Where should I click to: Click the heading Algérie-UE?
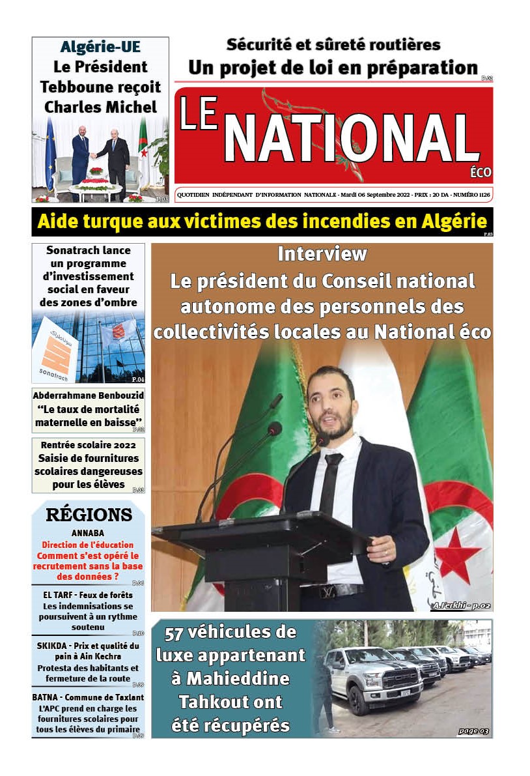(x=100, y=47)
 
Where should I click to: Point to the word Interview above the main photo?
(x=322, y=253)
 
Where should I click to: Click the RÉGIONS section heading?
(x=89, y=515)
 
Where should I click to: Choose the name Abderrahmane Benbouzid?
(x=89, y=395)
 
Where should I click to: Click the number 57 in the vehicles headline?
(x=177, y=633)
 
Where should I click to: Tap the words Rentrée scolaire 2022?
(x=89, y=446)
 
